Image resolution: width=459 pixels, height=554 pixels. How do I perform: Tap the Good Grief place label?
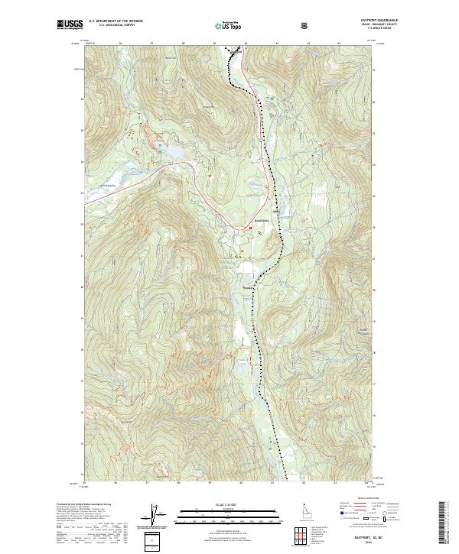[x=262, y=222]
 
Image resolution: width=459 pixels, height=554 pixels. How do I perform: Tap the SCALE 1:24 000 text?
[x=229, y=504]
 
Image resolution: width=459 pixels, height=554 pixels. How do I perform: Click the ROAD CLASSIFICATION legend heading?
[x=364, y=497]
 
